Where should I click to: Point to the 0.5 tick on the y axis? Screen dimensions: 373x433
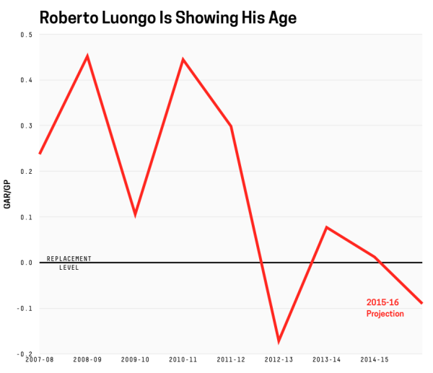(x=26, y=35)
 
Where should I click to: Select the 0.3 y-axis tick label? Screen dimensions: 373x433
(x=26, y=126)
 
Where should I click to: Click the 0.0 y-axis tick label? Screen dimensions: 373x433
(x=26, y=263)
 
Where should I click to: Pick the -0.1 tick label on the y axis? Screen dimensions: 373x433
(x=25, y=308)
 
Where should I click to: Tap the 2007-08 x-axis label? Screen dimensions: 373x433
(x=40, y=359)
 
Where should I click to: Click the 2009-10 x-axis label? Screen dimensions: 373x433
(x=135, y=359)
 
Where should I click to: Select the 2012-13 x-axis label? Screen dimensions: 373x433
(x=278, y=359)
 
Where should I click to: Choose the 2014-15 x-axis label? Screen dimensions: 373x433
(x=374, y=359)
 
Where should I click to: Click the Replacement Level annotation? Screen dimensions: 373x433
(x=69, y=263)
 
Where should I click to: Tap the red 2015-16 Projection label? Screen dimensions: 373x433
(x=385, y=308)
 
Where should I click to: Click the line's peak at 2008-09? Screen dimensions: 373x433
(x=87, y=56)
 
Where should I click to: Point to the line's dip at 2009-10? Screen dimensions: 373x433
(x=135, y=215)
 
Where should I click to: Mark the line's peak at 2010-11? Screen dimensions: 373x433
(x=183, y=59)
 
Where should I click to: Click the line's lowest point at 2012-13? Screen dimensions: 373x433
(x=278, y=341)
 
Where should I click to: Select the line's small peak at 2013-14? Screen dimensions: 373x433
(x=326, y=227)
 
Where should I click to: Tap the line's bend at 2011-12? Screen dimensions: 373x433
(x=231, y=126)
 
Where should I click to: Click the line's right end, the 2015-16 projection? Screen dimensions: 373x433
(x=422, y=303)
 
